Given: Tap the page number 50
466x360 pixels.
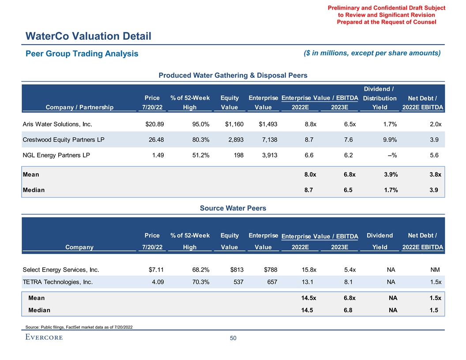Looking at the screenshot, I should (x=233, y=338).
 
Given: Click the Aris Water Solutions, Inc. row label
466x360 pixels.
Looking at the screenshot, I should (x=57, y=124).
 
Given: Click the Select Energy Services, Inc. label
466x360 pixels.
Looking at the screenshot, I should (x=60, y=270).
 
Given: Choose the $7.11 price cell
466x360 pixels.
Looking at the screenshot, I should (x=156, y=270).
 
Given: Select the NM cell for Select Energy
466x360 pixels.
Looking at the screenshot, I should (x=436, y=270).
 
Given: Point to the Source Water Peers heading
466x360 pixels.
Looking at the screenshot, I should (x=233, y=208).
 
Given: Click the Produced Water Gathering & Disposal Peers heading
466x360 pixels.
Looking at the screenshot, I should (x=233, y=75).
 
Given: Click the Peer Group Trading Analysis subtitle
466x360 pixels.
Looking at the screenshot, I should (x=82, y=54).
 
